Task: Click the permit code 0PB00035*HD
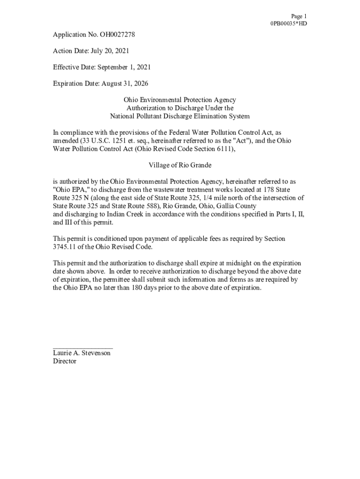pos(288,23)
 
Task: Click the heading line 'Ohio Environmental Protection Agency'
pos(180,100)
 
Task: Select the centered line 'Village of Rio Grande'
pos(180,165)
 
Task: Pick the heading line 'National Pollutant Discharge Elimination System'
pos(180,116)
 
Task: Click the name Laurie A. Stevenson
pos(82,353)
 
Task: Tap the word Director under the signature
pos(65,362)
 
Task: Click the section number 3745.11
pos(67,247)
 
